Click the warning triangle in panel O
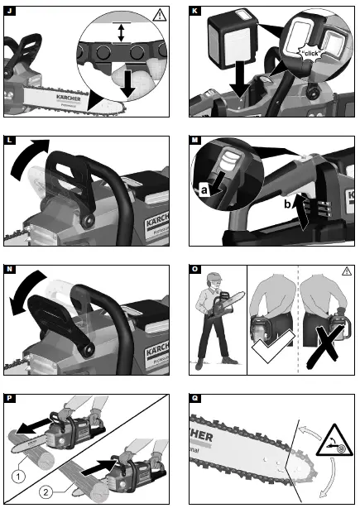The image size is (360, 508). [x=347, y=270]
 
